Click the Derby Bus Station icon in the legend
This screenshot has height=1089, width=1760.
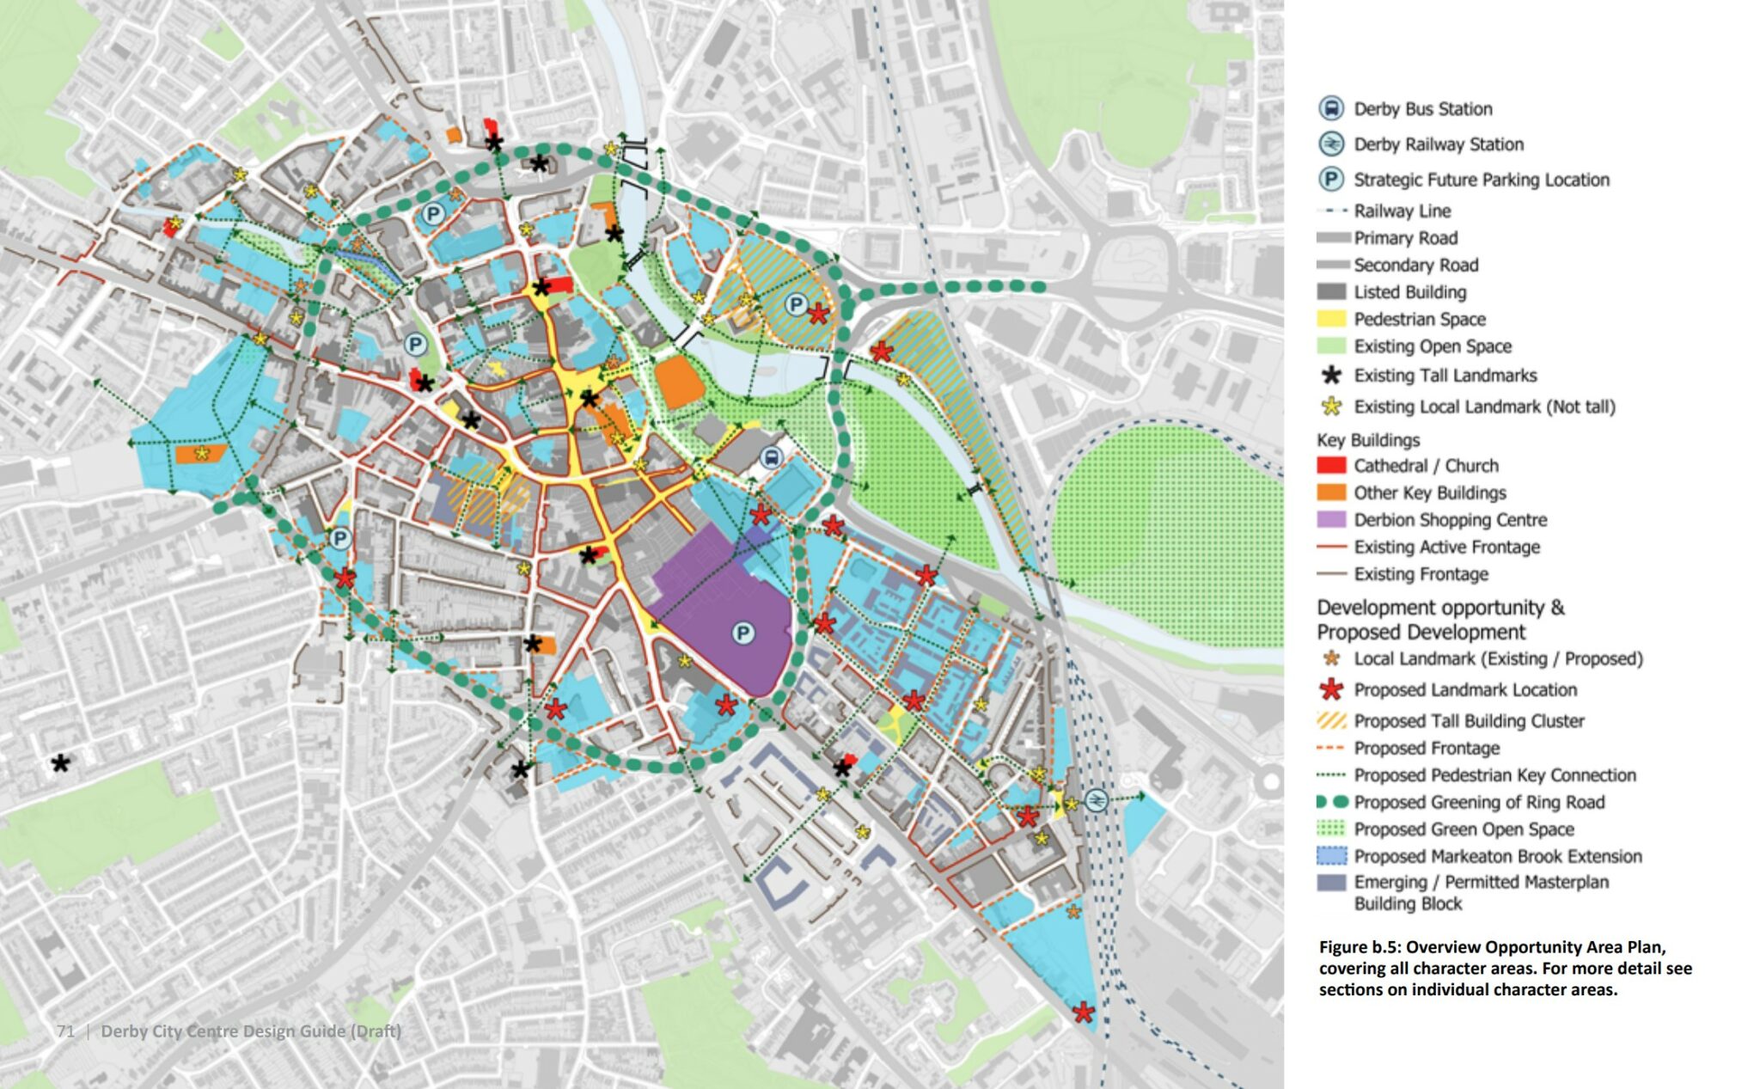tap(1331, 109)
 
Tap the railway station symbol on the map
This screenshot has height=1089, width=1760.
tap(1096, 800)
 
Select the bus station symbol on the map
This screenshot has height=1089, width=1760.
tap(771, 457)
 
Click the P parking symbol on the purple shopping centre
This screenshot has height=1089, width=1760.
tap(742, 634)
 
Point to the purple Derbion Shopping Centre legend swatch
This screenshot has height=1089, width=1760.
tap(1331, 519)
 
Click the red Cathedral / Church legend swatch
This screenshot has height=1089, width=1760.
tap(1331, 465)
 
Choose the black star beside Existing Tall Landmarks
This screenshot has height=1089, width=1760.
tap(1331, 375)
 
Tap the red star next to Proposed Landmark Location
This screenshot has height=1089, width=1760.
tap(1331, 688)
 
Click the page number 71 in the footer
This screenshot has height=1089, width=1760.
tap(65, 1031)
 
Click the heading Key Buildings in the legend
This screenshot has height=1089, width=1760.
tap(1368, 440)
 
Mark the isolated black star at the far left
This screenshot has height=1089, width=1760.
tap(60, 762)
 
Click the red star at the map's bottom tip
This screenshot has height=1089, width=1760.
tap(1084, 1013)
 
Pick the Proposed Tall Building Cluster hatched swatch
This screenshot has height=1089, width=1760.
tap(1331, 720)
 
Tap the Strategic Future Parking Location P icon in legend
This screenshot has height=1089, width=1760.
tap(1331, 179)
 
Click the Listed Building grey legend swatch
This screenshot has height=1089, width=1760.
tap(1331, 291)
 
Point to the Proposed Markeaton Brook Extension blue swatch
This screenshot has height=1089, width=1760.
tap(1331, 856)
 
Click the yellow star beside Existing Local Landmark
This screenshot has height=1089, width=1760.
tap(1331, 406)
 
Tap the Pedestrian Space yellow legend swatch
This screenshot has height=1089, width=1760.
tap(1331, 319)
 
